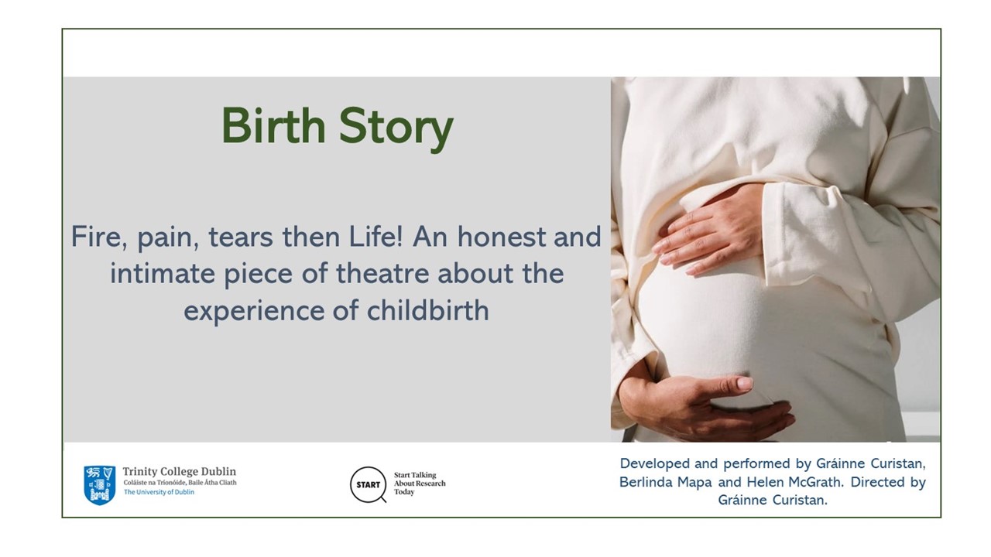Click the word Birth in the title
[x=273, y=125]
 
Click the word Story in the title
[x=396, y=129]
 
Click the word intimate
[x=162, y=273]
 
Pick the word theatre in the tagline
[x=382, y=273]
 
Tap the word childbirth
[x=428, y=310]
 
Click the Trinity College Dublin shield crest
[x=100, y=485]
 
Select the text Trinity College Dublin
[x=179, y=471]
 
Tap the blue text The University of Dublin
[x=159, y=492]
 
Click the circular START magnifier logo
[x=368, y=485]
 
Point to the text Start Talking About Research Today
[x=420, y=484]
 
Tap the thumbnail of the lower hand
[x=744, y=383]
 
